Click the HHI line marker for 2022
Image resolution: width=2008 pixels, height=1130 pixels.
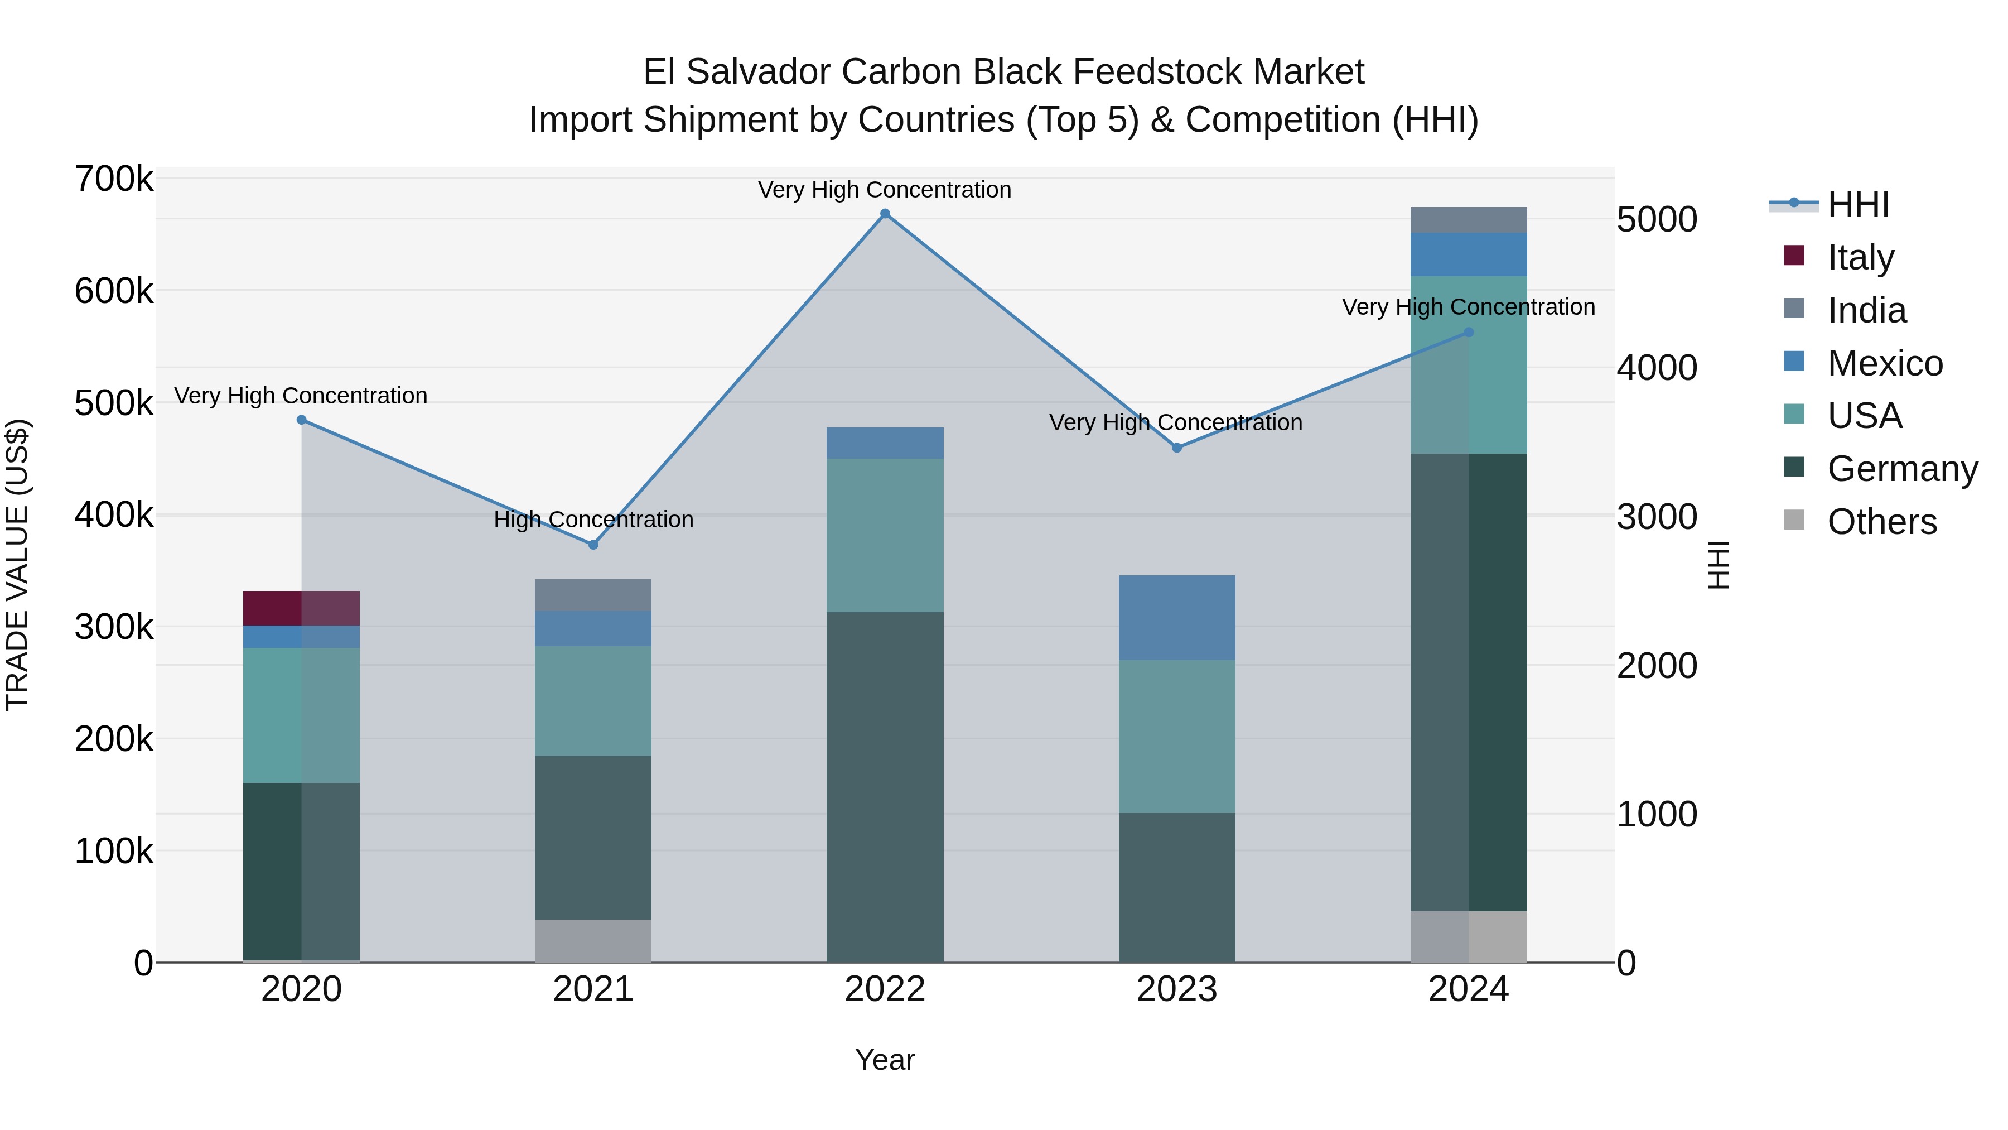click(885, 214)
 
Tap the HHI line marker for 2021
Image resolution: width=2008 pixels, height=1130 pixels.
click(593, 544)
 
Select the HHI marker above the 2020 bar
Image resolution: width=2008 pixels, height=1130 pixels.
click(302, 420)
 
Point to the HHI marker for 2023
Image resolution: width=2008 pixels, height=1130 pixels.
click(1177, 448)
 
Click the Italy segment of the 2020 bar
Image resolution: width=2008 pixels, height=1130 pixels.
click(302, 608)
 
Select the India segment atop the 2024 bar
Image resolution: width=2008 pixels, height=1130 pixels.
click(1469, 220)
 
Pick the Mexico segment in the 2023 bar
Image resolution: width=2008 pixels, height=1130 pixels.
click(1177, 618)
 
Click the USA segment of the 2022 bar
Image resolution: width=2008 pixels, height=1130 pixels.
click(885, 535)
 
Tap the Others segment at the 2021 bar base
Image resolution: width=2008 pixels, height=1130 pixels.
click(593, 940)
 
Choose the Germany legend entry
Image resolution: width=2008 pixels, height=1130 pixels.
click(1902, 469)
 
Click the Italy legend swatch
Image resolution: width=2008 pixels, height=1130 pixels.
click(1794, 256)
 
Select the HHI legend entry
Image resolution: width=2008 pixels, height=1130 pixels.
click(1859, 204)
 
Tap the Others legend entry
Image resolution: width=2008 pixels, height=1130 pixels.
click(1882, 522)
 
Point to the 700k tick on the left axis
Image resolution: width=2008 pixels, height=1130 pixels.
click(114, 179)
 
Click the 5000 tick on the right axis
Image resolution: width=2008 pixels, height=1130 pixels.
click(1657, 219)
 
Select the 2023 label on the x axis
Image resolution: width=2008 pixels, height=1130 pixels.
click(1177, 989)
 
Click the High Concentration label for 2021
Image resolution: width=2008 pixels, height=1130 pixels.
click(593, 520)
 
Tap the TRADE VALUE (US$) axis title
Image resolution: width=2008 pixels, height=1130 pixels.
click(17, 565)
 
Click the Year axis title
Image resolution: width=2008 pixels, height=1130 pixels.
click(885, 1060)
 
